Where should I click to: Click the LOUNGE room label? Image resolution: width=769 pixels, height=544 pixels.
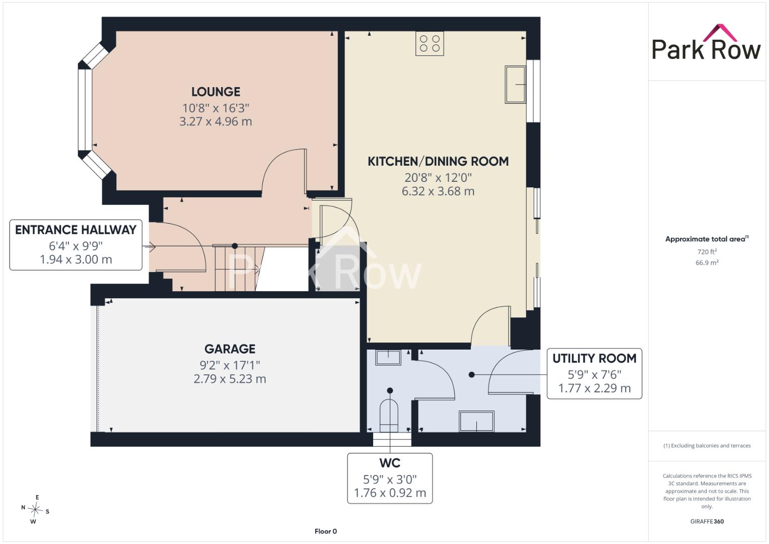216,92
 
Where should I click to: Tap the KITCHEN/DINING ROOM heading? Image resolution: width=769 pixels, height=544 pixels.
438,161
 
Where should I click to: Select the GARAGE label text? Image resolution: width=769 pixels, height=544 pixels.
230,349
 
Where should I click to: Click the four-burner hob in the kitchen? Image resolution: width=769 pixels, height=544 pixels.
430,44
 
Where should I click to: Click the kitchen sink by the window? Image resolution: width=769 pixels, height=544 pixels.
515,85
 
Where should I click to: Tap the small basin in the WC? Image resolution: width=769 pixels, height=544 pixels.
388,358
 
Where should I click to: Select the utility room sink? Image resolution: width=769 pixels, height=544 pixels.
477,421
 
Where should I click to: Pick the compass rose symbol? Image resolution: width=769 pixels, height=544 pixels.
35,509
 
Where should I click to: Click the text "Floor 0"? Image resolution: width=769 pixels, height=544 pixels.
325,531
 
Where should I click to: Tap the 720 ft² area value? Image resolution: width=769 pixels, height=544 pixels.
707,252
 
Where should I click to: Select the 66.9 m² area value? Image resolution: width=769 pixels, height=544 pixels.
707,263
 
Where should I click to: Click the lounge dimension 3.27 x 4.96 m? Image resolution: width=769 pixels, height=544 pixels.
216,121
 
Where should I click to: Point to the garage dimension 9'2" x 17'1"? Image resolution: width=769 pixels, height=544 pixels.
230,365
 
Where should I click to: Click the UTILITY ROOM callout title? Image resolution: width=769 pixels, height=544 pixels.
594,359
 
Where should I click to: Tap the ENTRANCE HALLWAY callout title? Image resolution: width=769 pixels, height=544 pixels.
76,230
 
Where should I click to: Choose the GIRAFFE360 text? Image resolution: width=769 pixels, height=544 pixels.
707,521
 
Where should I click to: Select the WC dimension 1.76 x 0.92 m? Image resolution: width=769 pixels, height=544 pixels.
390,493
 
